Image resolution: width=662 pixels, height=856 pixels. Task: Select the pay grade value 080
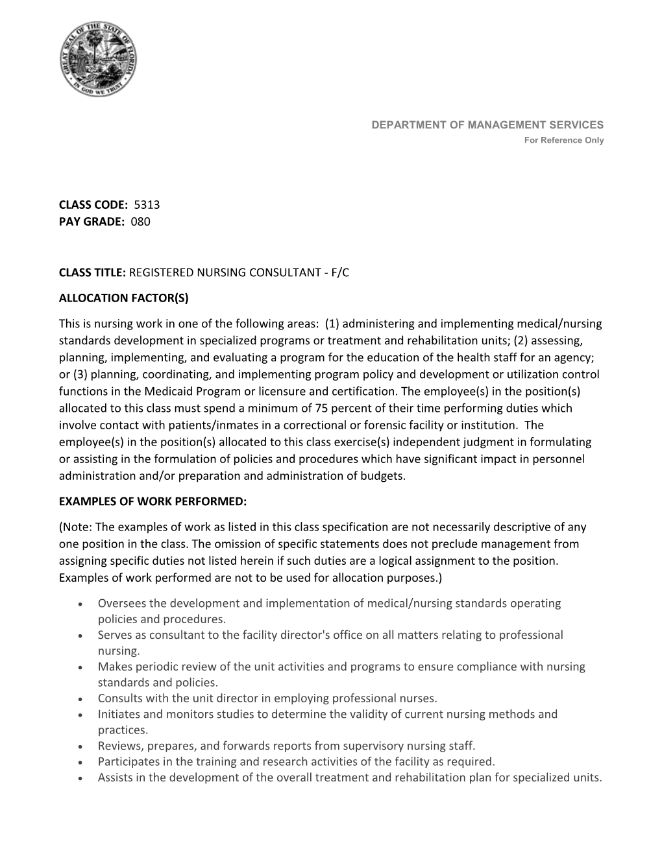click(140, 222)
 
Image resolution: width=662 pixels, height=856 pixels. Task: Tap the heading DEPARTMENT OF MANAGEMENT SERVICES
click(487, 125)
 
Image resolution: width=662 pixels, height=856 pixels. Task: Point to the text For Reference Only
click(564, 140)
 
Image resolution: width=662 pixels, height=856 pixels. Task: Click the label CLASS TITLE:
click(92, 272)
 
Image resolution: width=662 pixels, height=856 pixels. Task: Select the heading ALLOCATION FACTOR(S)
click(123, 298)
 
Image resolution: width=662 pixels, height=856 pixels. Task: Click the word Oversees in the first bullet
click(121, 603)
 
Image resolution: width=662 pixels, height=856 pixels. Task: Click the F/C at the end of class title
click(340, 272)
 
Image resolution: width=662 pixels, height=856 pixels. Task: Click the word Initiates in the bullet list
click(119, 715)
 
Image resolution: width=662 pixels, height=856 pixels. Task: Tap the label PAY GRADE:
click(91, 222)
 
